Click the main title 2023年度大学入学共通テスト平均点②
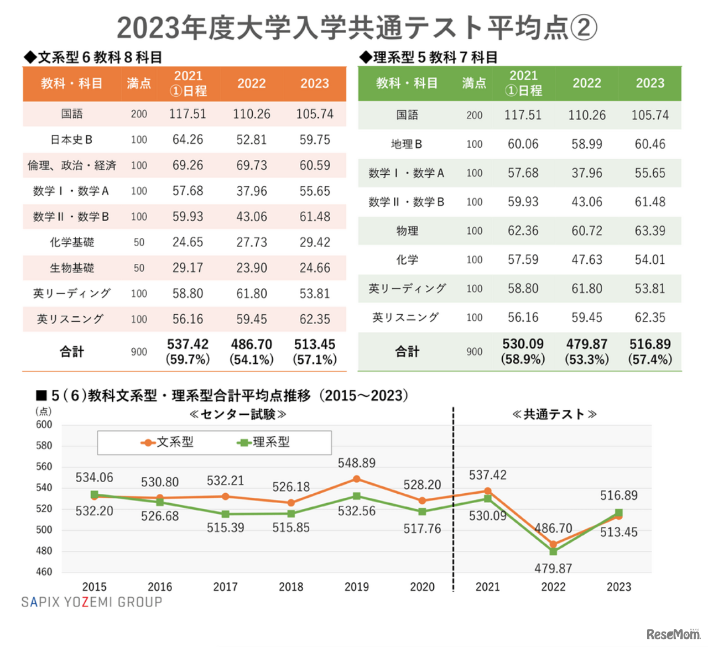pos(357,28)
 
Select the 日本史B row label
pos(71,140)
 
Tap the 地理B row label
pos(407,144)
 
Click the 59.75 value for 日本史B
pos(315,140)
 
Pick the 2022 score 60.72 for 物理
pos(586,231)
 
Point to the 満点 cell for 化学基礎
pos(139,243)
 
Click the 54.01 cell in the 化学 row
pos(649,260)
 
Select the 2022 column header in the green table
pos(586,84)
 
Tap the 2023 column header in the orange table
pos(315,84)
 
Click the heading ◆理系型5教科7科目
pos(429,58)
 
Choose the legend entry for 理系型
pos(263,442)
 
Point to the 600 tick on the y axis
pos(44,425)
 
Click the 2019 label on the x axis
pos(356,587)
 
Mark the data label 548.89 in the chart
pos(356,463)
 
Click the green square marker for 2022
pos(553,551)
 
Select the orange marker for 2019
pos(356,479)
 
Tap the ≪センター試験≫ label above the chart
pos(238,414)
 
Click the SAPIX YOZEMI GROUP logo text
pos(92,602)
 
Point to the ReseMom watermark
pos(673,634)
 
